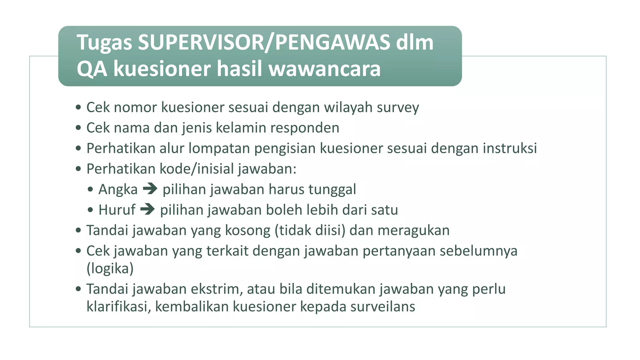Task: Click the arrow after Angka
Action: click(x=150, y=189)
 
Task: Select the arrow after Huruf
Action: click(x=147, y=209)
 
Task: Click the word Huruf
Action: click(x=117, y=210)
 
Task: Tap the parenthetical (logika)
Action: click(x=110, y=268)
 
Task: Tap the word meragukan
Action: click(x=413, y=231)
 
